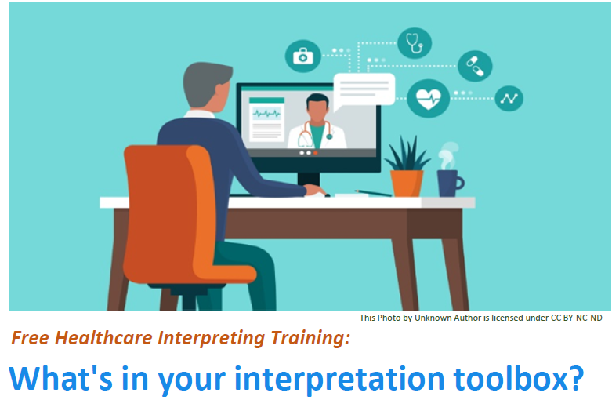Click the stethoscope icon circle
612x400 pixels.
[414, 43]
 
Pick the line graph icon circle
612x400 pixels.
[509, 99]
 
